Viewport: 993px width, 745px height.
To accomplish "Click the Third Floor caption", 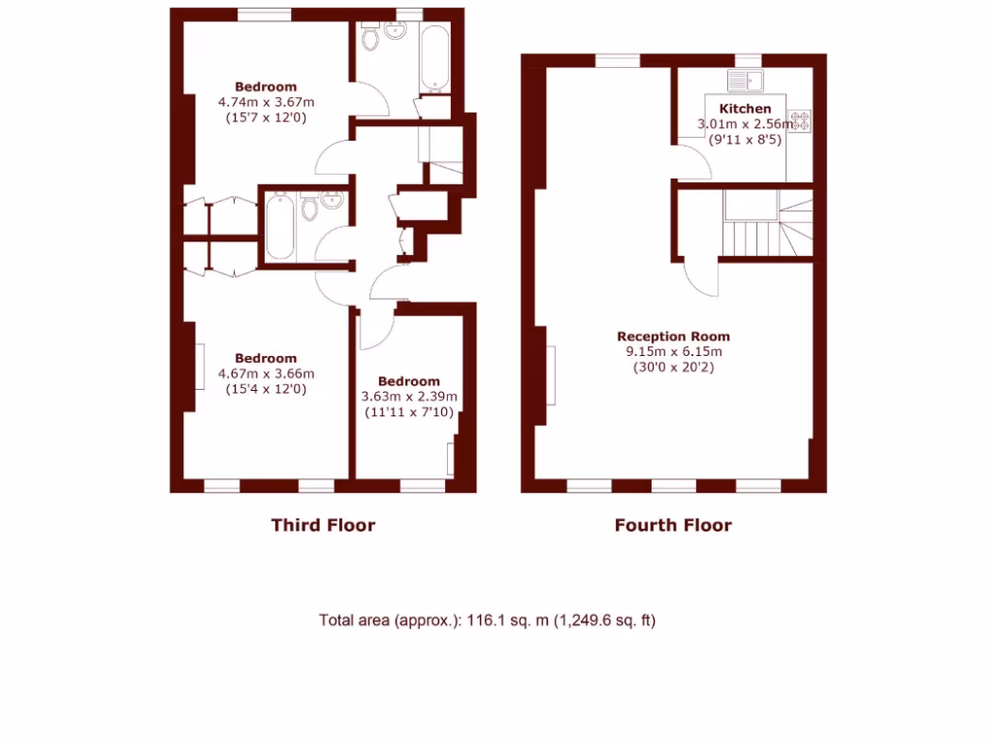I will pyautogui.click(x=323, y=526).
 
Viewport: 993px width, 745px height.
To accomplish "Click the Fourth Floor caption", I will pyautogui.click(x=673, y=526).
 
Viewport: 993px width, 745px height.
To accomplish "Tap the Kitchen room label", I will pyautogui.click(x=745, y=109).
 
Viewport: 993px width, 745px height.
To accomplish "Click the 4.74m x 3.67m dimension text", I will pyautogui.click(x=265, y=102).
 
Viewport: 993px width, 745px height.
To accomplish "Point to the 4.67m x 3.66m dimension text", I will pyautogui.click(x=265, y=373).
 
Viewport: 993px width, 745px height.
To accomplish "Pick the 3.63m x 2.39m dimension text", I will pyautogui.click(x=408, y=397).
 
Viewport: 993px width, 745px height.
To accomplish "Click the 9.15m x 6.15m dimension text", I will pyautogui.click(x=670, y=352).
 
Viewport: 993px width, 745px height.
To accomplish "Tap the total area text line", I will pyautogui.click(x=488, y=620).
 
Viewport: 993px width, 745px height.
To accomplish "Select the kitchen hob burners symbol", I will pyautogui.click(x=801, y=121).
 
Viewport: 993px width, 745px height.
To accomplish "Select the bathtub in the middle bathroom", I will pyautogui.click(x=279, y=225).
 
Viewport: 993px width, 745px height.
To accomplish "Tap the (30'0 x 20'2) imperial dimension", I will pyautogui.click(x=670, y=368).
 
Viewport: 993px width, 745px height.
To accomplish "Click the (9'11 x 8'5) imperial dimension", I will pyautogui.click(x=745, y=140).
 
